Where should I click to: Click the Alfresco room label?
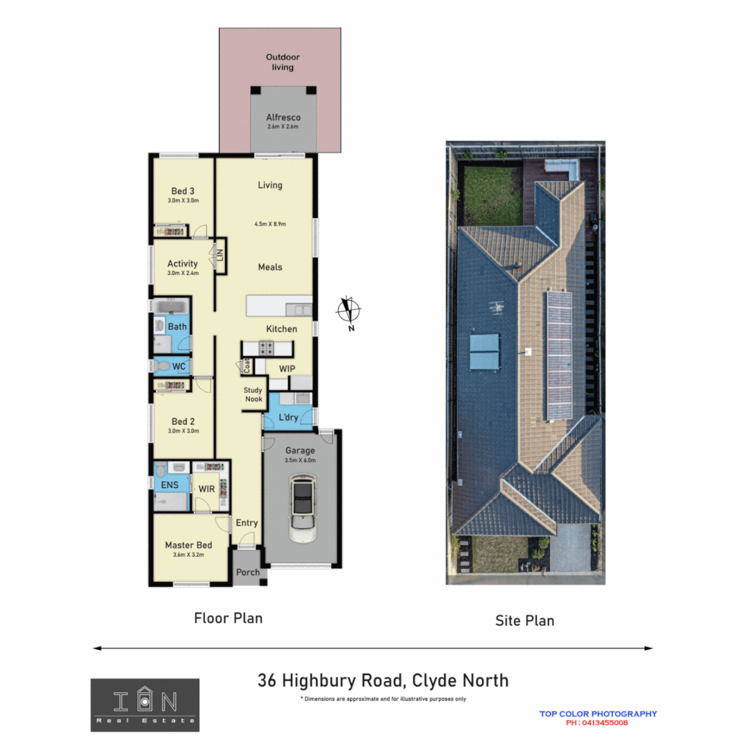(x=283, y=118)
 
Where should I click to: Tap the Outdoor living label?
(x=283, y=62)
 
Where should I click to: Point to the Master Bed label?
(x=188, y=545)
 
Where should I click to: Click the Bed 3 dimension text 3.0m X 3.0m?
(x=183, y=201)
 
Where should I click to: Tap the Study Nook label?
(x=253, y=394)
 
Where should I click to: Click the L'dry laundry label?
(x=287, y=417)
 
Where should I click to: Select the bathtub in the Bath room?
(x=170, y=306)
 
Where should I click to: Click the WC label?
(x=178, y=366)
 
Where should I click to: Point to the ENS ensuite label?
(x=169, y=485)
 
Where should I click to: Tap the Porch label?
(x=248, y=572)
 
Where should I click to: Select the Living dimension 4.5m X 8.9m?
(x=270, y=224)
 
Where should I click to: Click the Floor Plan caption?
(x=228, y=617)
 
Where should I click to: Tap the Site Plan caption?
(x=524, y=620)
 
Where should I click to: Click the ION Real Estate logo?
(x=144, y=704)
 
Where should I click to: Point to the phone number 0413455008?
(x=597, y=723)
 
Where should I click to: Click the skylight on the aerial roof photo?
(x=485, y=351)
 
